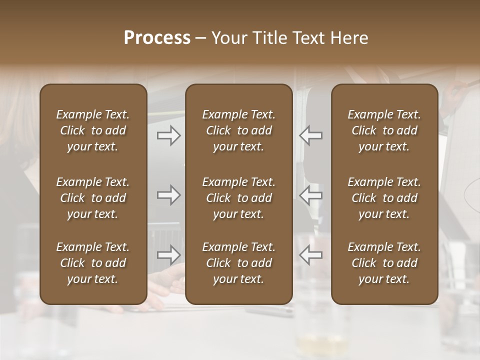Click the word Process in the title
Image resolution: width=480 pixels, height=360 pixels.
(x=157, y=38)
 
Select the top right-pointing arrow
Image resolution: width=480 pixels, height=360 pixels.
(x=169, y=135)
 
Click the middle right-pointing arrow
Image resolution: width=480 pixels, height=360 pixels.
(x=169, y=195)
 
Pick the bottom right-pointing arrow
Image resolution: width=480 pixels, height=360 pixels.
(x=169, y=255)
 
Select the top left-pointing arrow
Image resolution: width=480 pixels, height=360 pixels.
(x=310, y=135)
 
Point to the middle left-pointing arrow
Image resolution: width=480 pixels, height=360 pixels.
(x=310, y=195)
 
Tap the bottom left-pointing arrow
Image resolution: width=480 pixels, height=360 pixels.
(x=310, y=255)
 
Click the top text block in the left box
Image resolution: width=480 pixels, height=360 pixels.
(x=93, y=130)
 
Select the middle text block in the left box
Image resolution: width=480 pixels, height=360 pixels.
(x=93, y=198)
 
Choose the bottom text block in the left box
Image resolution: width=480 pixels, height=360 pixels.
(x=93, y=263)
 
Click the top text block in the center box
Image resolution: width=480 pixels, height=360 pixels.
(x=239, y=130)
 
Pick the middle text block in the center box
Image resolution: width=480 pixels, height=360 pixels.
(x=239, y=198)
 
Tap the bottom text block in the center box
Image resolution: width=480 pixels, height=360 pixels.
(x=239, y=263)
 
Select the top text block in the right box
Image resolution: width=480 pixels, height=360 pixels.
(x=384, y=130)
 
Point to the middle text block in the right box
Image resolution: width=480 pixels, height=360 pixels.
(x=384, y=198)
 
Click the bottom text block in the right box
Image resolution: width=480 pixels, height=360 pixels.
(x=384, y=263)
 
